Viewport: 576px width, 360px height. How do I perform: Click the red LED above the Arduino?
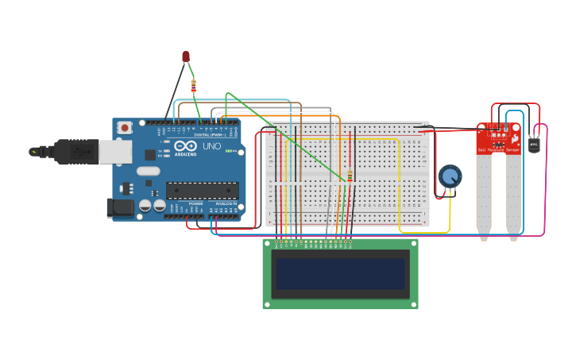pos(186,56)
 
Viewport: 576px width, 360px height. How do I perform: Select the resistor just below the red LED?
pos(193,86)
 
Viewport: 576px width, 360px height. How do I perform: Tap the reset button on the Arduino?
pos(125,127)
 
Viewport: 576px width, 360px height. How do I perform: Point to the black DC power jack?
pos(119,208)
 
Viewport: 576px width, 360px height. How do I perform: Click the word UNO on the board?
pos(212,146)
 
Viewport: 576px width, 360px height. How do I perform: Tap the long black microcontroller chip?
pos(202,190)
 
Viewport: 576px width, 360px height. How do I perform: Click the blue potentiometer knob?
pos(450,176)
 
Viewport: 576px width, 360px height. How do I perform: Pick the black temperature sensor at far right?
pos(534,145)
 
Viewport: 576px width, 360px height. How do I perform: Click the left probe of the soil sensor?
pos(484,195)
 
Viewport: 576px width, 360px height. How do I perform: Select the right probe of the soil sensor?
pos(513,195)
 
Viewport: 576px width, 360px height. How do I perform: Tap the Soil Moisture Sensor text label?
pos(497,150)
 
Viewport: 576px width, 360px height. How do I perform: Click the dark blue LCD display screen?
pos(340,275)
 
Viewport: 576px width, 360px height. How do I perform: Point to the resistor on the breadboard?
pos(350,176)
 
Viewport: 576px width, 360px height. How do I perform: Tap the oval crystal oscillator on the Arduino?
pos(148,170)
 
